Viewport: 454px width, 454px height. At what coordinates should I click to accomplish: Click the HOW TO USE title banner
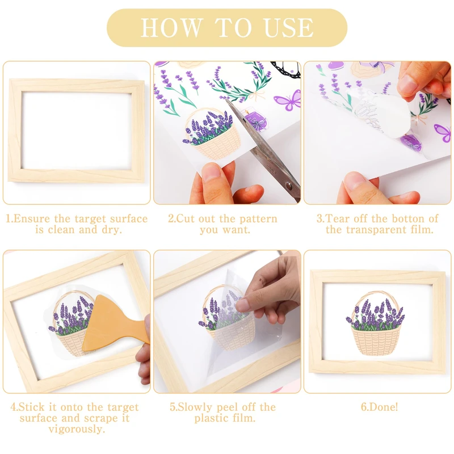click(227, 28)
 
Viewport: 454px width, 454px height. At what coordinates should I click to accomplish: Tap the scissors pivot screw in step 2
click(288, 185)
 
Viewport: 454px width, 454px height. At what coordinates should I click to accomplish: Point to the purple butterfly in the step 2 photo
click(288, 100)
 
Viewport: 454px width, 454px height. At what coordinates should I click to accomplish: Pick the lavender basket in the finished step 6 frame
click(376, 323)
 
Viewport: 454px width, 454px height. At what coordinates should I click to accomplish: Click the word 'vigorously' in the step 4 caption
click(77, 429)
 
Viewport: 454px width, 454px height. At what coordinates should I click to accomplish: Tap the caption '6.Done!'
click(379, 407)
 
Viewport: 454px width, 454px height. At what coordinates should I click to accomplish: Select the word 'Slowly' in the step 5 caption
click(194, 407)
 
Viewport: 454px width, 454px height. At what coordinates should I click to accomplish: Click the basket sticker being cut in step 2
click(212, 134)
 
